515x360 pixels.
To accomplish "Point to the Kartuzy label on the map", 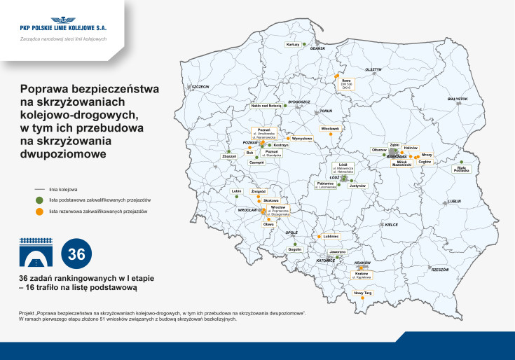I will point(293,44).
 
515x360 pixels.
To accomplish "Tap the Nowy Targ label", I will point(363,292).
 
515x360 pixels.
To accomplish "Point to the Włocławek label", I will point(330,128).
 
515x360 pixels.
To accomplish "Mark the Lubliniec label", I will point(331,236).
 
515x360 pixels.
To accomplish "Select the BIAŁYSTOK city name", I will point(457,99).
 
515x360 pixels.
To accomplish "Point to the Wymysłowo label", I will point(301,138).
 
